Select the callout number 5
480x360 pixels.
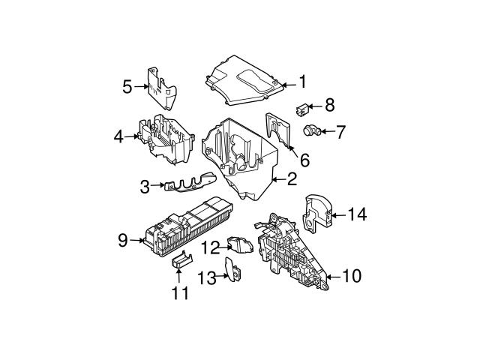[127, 87]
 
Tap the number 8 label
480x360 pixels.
[328, 106]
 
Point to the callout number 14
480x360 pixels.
[357, 215]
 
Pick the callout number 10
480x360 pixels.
[351, 276]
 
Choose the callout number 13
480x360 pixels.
[206, 277]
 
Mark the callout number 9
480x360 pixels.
[123, 240]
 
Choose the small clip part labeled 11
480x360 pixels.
[181, 260]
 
